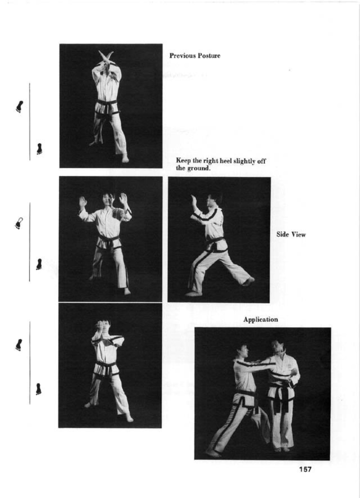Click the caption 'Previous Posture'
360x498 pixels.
pyautogui.click(x=195, y=56)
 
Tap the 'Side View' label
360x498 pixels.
pyautogui.click(x=291, y=235)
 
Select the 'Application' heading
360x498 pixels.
pyautogui.click(x=260, y=320)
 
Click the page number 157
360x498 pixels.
pyautogui.click(x=305, y=469)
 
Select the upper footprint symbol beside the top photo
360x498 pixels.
pyautogui.click(x=20, y=107)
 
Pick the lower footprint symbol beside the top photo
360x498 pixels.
pyautogui.click(x=39, y=149)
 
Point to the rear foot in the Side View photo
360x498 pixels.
pyautogui.click(x=249, y=281)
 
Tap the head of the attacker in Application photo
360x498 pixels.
pyautogui.click(x=242, y=350)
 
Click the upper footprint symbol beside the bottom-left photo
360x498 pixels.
pyautogui.click(x=19, y=345)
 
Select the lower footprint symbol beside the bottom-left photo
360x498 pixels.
pyautogui.click(x=39, y=389)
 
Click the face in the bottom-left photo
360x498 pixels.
pyautogui.click(x=106, y=327)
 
